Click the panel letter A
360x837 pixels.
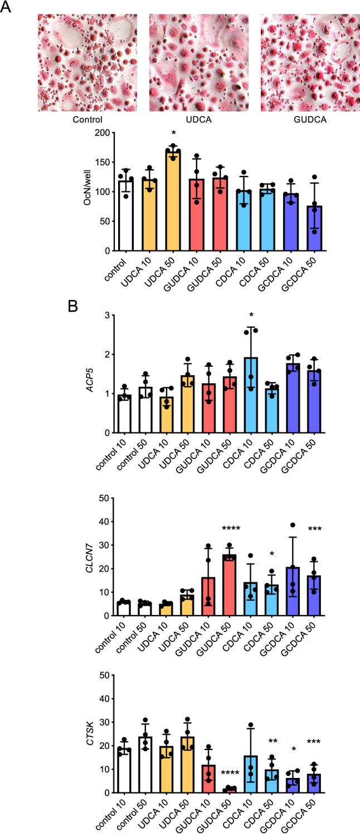[x=7, y=8]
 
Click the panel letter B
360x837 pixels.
[x=72, y=308]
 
